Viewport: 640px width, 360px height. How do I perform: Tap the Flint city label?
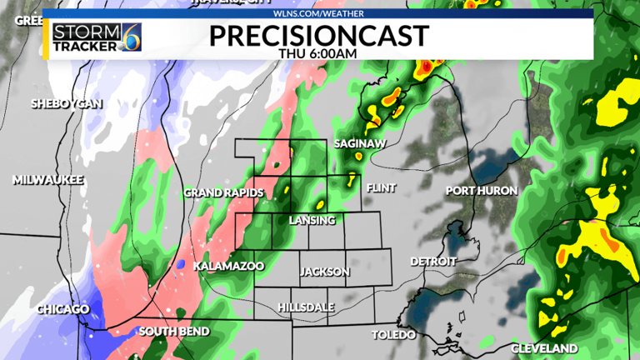point(380,187)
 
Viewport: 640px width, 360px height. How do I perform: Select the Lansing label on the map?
point(312,220)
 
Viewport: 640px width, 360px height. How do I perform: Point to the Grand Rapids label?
point(223,193)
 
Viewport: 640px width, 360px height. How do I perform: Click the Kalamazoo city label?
point(228,266)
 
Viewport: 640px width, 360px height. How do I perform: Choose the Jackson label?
point(325,272)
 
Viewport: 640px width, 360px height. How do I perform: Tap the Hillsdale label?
point(306,307)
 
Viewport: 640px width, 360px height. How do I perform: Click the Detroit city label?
point(433,262)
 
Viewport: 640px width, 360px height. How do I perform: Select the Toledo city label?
point(393,335)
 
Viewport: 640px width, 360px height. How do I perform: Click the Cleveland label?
point(544,347)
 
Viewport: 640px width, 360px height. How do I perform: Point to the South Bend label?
point(174,332)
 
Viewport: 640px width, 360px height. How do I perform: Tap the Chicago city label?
point(62,310)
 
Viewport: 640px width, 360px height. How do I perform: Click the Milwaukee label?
point(48,180)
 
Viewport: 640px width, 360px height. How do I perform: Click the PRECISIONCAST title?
point(318,35)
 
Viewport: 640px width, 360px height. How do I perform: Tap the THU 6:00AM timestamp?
point(318,53)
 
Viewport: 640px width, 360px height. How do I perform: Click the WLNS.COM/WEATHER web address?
point(318,13)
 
